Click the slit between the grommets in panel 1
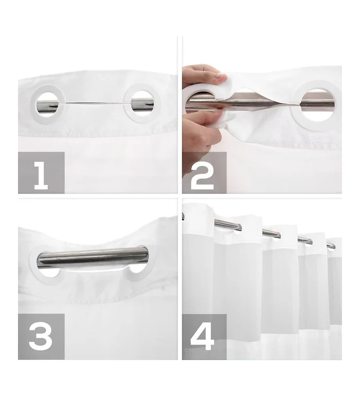click(94, 103)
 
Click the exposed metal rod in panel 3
click(93, 257)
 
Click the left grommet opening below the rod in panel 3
click(49, 272)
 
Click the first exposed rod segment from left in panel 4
click(228, 224)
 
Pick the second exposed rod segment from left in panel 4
click(271, 234)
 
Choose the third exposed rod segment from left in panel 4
click(305, 241)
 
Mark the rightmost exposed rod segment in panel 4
click(331, 246)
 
